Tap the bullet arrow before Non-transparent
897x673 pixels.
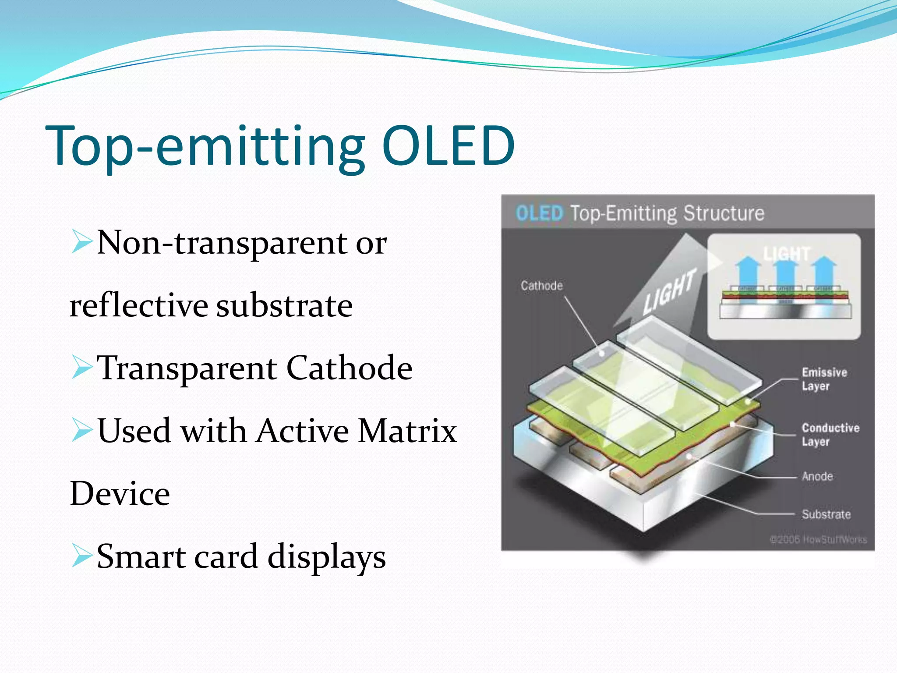[81, 242]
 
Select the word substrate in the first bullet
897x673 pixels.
[285, 306]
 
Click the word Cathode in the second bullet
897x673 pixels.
[349, 368]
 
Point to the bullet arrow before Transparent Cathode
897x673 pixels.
[81, 367]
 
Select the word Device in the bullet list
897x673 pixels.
[120, 494]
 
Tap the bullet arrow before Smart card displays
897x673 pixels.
[81, 556]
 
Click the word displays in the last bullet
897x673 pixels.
[326, 557]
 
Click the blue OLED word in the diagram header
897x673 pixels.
[539, 213]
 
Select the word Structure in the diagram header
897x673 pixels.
[724, 213]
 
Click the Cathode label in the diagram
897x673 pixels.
[541, 286]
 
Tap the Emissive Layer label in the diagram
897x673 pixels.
[824, 379]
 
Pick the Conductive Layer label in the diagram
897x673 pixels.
[830, 434]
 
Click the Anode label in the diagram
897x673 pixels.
[817, 476]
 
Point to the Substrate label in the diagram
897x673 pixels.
[826, 514]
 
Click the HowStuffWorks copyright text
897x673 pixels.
[818, 539]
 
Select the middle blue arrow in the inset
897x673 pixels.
[786, 274]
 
